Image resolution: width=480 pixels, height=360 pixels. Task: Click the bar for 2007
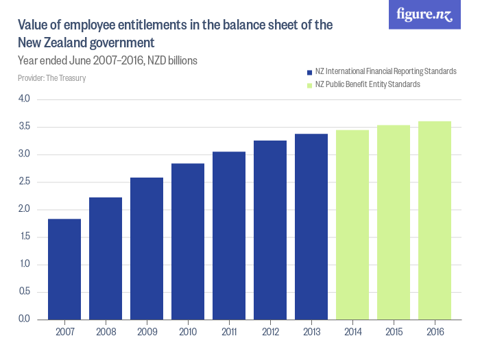click(64, 269)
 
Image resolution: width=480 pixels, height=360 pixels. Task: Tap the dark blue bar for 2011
click(229, 235)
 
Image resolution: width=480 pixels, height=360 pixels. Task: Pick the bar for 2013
click(311, 226)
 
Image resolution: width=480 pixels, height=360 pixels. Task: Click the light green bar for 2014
click(352, 224)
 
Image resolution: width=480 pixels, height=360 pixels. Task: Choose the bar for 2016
click(435, 220)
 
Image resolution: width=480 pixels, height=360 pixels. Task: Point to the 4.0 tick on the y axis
click(24, 99)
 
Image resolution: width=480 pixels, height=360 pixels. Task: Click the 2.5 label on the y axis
click(24, 182)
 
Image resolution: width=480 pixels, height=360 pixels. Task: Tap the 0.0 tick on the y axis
click(24, 320)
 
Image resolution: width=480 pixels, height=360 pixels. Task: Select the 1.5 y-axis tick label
click(24, 237)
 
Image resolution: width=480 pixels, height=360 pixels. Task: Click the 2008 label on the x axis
click(106, 332)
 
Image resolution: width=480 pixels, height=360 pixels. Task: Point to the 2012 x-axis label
click(270, 332)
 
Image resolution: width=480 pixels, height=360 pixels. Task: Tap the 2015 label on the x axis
click(394, 332)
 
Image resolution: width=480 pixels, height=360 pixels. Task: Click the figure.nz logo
click(424, 14)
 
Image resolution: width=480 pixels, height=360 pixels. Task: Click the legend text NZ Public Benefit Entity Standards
click(368, 84)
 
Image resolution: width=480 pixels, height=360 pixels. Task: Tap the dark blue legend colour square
click(309, 72)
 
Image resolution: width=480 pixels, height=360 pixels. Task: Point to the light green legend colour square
click(309, 85)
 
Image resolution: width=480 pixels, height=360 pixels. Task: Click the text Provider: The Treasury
click(52, 78)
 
